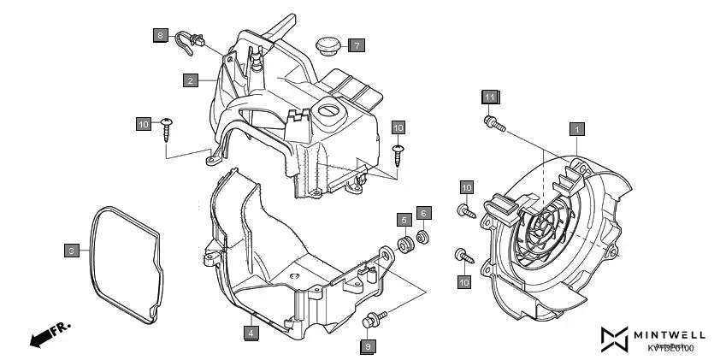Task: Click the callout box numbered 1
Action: [577, 129]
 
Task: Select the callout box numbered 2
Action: [191, 80]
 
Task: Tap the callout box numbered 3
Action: [73, 251]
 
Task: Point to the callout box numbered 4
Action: [251, 332]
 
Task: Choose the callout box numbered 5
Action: [403, 220]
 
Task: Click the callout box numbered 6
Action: [422, 212]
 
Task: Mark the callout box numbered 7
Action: [356, 44]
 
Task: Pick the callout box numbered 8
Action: [161, 35]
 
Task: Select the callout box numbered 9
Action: [367, 346]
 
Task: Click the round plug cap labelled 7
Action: [325, 44]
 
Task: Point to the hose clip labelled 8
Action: [187, 39]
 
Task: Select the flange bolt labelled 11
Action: [493, 125]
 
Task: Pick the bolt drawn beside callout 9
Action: [373, 320]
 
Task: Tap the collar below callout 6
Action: [422, 236]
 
